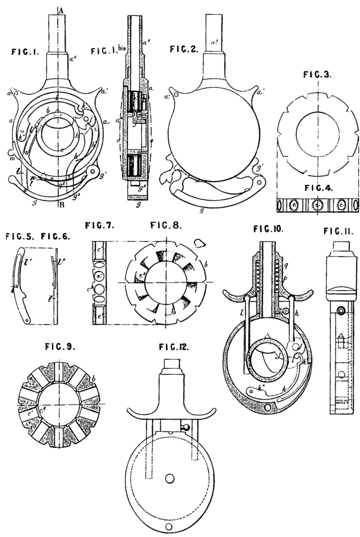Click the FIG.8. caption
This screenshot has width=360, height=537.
tap(166, 227)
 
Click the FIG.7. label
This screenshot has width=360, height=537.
tap(100, 226)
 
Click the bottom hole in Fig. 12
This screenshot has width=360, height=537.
tap(168, 526)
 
